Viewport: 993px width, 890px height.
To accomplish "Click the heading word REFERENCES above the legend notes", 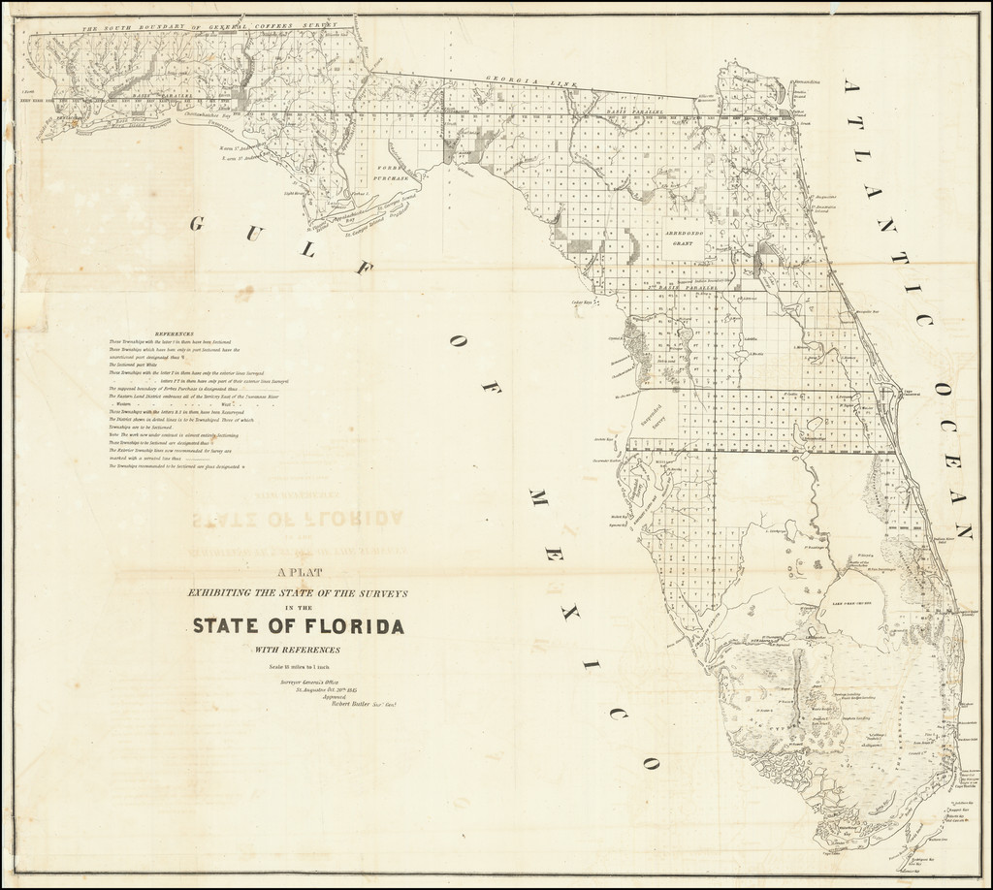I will coord(176,333).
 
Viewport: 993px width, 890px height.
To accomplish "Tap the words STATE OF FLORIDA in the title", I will coord(299,625).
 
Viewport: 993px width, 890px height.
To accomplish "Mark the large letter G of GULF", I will coord(196,225).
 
